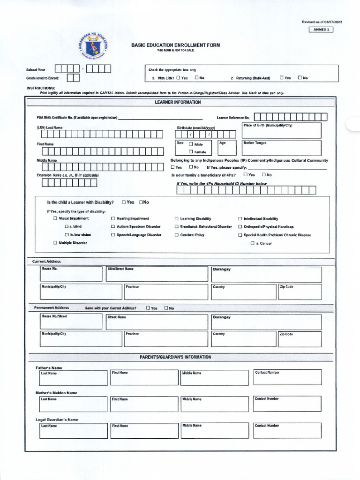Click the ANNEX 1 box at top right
point(321,30)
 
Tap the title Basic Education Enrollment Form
point(175,45)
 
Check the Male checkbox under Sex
point(191,144)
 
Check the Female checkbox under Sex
point(191,152)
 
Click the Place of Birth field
point(281,131)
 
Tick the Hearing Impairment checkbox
point(113,218)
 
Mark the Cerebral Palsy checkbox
point(177,235)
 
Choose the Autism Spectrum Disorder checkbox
point(113,226)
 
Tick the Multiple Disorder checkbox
point(55,243)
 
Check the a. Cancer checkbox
point(252,243)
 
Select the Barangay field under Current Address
point(266,275)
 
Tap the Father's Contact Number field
point(287,378)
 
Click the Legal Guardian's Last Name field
point(73,431)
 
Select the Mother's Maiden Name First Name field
point(143,405)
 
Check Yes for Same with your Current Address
point(148,308)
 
